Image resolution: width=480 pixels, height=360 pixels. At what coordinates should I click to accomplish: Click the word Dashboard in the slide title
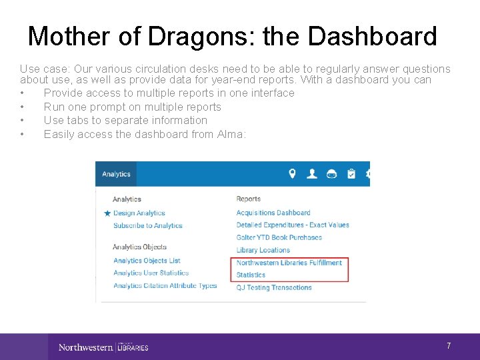373,37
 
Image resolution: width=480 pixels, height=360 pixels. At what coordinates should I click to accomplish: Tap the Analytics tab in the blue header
116,174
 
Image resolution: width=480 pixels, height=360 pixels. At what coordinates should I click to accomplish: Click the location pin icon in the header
292,174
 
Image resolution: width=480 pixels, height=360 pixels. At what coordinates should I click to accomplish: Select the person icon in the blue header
311,174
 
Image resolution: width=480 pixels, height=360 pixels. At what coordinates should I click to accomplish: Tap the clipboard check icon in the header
351,174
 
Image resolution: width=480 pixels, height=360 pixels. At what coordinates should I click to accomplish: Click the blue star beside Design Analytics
107,213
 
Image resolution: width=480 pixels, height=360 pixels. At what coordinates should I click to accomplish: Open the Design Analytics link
139,213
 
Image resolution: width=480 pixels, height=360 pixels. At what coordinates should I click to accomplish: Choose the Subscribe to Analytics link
147,225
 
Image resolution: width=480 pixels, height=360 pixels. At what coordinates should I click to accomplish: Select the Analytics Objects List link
147,261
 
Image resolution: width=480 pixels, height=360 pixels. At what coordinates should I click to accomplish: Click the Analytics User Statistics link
151,273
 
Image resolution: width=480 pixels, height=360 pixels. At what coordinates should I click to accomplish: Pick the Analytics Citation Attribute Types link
165,285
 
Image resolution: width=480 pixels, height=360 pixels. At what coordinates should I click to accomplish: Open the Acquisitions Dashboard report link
273,213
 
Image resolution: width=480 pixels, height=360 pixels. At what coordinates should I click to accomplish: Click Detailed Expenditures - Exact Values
293,225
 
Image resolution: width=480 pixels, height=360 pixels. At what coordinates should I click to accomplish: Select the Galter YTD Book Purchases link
279,237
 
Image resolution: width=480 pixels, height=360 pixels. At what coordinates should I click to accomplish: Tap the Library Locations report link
263,250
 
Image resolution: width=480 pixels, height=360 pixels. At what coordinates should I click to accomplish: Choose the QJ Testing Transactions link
274,287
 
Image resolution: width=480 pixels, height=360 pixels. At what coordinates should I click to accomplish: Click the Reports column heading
248,199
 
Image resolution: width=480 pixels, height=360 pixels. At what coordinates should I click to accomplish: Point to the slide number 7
449,346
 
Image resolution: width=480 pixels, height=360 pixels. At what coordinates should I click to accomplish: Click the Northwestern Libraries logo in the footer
103,347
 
